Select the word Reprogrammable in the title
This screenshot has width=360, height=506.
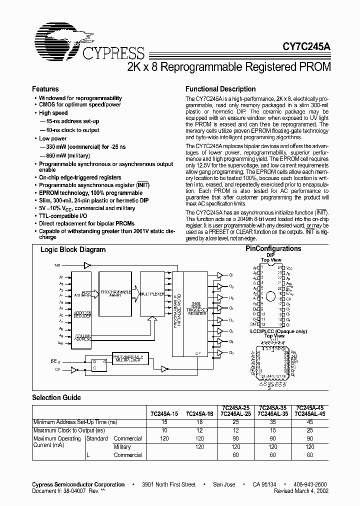tap(206, 66)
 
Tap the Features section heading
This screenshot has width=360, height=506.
tap(45, 89)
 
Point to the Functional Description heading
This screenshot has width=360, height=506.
tap(220, 89)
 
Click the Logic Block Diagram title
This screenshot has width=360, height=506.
tap(73, 249)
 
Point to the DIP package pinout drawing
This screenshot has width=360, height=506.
tap(270, 296)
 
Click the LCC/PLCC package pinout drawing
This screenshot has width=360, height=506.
tap(270, 359)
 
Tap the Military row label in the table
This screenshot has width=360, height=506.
tap(122, 447)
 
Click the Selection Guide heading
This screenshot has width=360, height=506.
tap(56, 397)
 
